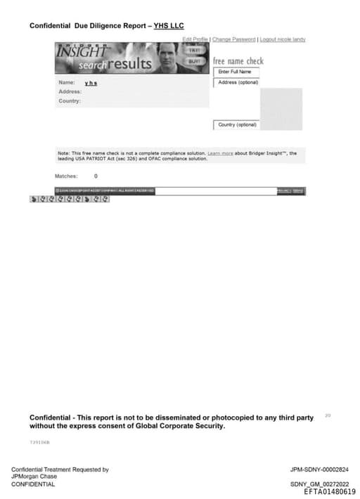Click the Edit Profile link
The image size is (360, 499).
[x=195, y=39]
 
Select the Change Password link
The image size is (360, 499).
[x=233, y=39]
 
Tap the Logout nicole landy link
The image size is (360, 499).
[x=283, y=39]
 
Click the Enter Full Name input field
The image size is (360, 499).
[x=236, y=72]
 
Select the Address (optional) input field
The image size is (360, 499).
[x=238, y=82]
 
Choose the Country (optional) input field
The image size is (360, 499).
[x=237, y=125]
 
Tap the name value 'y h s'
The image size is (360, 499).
[x=91, y=83]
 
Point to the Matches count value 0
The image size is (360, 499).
[x=96, y=176]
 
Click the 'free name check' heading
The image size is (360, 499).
[x=238, y=61]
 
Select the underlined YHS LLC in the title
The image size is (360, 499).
[x=169, y=26]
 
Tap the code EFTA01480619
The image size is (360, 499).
[x=329, y=492]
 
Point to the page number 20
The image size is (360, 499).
[x=328, y=415]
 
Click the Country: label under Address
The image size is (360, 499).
[x=69, y=101]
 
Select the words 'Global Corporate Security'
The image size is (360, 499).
[x=181, y=426]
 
